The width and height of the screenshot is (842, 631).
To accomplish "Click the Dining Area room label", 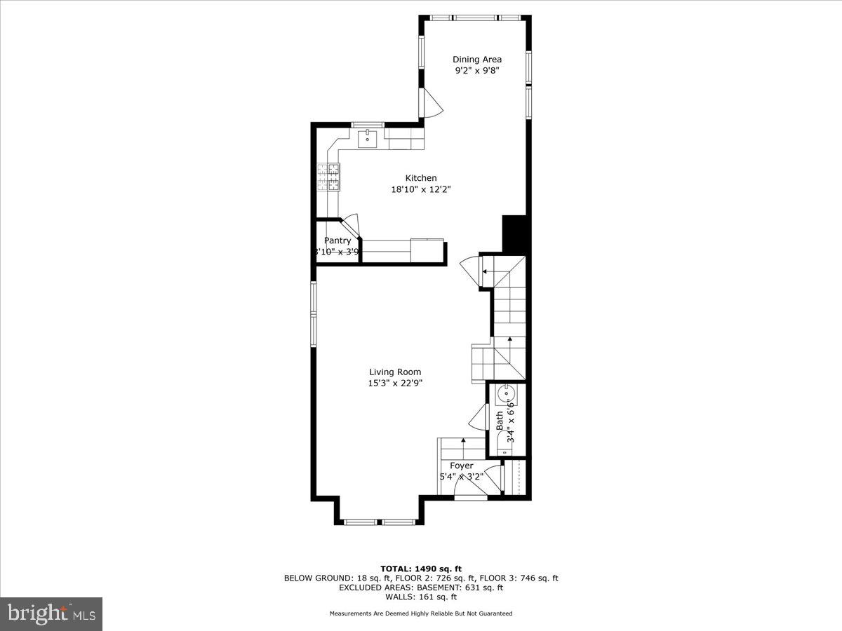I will click(x=476, y=60).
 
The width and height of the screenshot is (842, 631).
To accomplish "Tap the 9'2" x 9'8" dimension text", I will click(x=476, y=70).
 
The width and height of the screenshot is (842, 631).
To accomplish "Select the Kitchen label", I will click(x=420, y=178).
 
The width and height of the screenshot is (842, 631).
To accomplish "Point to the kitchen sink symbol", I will click(x=367, y=139).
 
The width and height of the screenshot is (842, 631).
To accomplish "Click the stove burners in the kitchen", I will click(x=328, y=177).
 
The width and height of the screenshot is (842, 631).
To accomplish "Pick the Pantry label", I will click(x=337, y=240).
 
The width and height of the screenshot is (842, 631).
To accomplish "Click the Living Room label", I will click(x=395, y=372).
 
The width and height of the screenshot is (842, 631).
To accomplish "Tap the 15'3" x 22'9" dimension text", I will click(x=395, y=383).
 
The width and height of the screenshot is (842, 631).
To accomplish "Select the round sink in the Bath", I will click(x=505, y=396).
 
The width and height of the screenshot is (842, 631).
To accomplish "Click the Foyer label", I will click(x=461, y=466).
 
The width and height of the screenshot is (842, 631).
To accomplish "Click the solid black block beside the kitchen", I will click(x=514, y=233).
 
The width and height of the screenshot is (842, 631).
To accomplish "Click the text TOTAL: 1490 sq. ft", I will click(x=421, y=569).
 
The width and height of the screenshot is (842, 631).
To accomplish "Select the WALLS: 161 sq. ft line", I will click(x=421, y=597).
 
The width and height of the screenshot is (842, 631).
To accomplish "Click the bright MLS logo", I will click(x=51, y=614).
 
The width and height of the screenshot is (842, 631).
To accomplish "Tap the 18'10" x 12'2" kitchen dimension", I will click(x=420, y=189).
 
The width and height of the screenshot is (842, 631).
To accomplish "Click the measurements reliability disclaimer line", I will click(x=421, y=613).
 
